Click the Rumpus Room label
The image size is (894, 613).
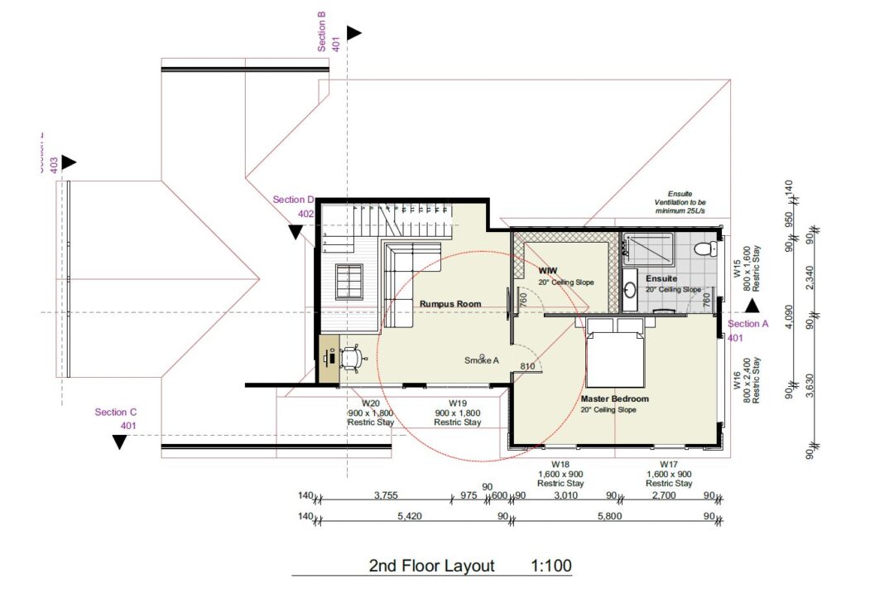[x=449, y=304]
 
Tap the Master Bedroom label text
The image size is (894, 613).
[x=614, y=398]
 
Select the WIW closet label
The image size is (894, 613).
[x=547, y=271]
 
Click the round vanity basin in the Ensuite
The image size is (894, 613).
[x=630, y=290]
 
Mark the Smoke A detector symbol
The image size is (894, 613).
[x=483, y=356]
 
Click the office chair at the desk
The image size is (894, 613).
[x=353, y=358]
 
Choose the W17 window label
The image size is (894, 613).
[x=668, y=464]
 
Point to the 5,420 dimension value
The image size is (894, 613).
[x=411, y=516]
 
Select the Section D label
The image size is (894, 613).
[x=294, y=200]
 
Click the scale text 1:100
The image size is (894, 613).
[x=550, y=567]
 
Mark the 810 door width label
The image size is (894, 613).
[x=526, y=366]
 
